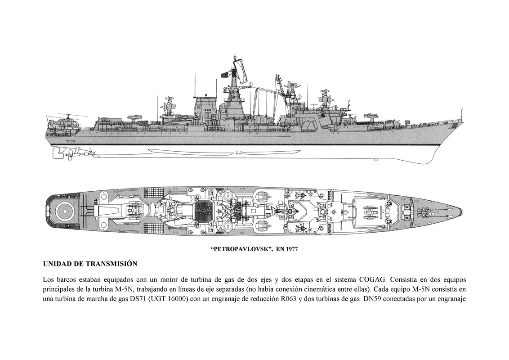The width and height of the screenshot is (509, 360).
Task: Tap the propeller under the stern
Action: pos(58,153)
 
